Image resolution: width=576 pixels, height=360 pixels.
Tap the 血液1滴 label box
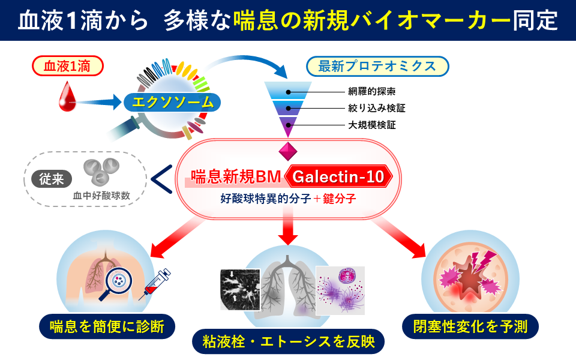click(67, 67)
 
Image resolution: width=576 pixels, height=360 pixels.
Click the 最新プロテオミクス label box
click(377, 67)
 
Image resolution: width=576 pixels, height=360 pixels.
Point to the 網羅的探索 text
click(371, 92)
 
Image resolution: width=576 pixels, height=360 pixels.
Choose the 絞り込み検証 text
click(376, 109)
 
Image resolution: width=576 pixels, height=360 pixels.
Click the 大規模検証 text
click(371, 125)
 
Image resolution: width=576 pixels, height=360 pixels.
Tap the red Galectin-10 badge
click(339, 176)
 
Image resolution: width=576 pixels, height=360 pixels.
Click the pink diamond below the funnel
click(288, 150)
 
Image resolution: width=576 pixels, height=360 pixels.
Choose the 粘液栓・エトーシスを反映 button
click(289, 342)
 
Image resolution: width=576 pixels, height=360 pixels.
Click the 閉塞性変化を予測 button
click(470, 326)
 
